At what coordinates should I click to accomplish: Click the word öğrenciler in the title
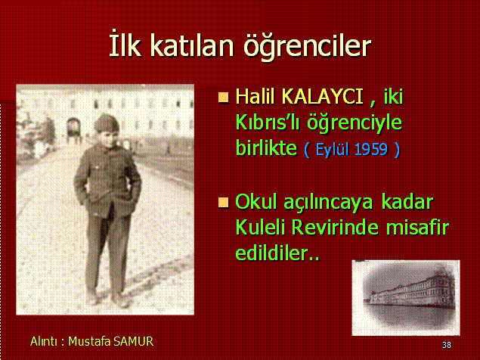coord(307,46)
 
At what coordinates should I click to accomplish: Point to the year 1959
coord(371,150)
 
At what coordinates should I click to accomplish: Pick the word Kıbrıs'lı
coord(268,123)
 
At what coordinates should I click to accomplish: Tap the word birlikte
coord(266,147)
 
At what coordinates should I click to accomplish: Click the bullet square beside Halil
coord(224,97)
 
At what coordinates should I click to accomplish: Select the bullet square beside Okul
coord(224,202)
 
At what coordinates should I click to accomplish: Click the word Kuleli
coord(261,228)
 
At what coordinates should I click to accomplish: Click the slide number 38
coord(446,346)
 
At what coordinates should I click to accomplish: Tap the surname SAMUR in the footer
coord(133,341)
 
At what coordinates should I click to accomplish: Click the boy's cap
coord(107,123)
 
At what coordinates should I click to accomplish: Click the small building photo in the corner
coord(406,298)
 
